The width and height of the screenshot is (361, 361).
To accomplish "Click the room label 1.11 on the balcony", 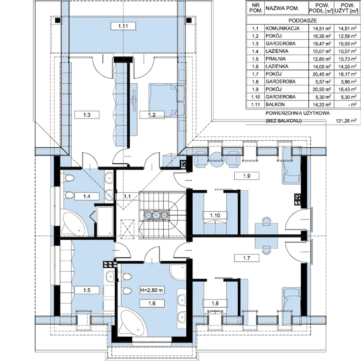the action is point(123,26).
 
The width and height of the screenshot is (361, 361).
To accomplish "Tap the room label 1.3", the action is point(87,115).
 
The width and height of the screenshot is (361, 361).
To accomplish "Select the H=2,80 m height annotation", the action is point(152,290).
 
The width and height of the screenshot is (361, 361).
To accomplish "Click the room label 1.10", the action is point(215,215).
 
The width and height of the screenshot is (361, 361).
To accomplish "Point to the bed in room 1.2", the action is point(163,100).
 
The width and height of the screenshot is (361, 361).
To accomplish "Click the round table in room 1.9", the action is point(217,160).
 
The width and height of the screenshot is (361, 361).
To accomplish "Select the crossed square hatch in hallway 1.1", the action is point(127,229).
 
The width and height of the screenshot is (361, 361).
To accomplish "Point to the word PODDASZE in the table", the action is point(302,20).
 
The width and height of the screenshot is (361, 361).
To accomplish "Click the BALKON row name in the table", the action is point(275,104).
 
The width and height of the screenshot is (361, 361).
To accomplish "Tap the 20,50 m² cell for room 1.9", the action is point(322,89).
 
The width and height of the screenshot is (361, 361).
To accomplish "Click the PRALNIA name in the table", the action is point(275,59).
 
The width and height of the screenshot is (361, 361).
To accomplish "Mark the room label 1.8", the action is point(215,303).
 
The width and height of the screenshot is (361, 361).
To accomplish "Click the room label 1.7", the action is point(246,258).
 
